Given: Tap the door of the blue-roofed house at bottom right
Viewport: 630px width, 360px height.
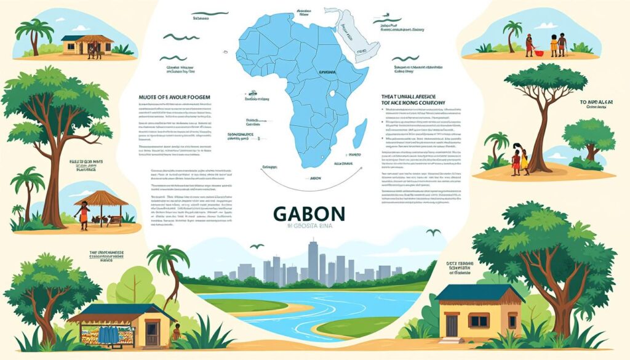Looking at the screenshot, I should point(452,326).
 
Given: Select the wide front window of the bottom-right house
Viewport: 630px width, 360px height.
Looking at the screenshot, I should point(479,321).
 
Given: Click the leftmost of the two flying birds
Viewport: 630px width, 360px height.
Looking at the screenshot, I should point(252,246).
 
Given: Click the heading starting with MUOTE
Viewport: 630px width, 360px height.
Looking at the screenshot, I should point(171,97).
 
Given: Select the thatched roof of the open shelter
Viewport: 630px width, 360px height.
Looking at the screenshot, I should point(101,199).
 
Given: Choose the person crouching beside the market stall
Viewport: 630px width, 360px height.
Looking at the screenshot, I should point(177,333).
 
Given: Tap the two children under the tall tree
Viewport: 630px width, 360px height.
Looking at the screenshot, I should point(519,161).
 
